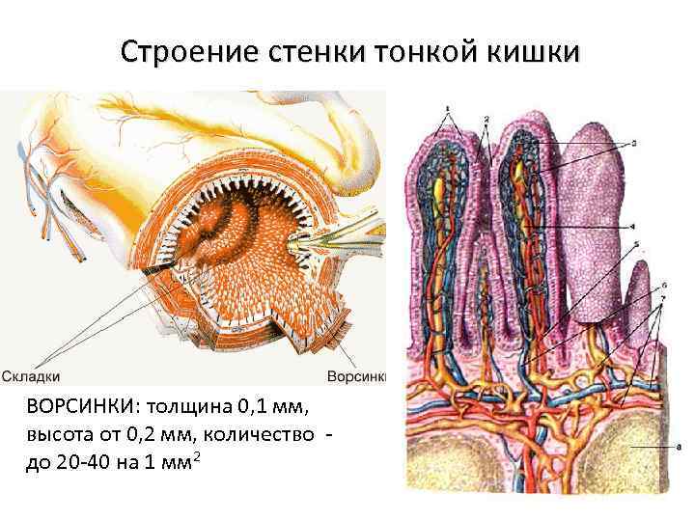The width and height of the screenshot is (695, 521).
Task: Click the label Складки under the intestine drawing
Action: coord(32,376)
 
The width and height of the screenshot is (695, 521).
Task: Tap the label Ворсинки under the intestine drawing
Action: coord(356,376)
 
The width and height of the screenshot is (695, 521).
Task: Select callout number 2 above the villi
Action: coord(486,118)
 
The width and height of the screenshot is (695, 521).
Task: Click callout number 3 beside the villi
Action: coord(633,143)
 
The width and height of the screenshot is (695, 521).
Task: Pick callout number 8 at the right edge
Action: coord(669,448)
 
